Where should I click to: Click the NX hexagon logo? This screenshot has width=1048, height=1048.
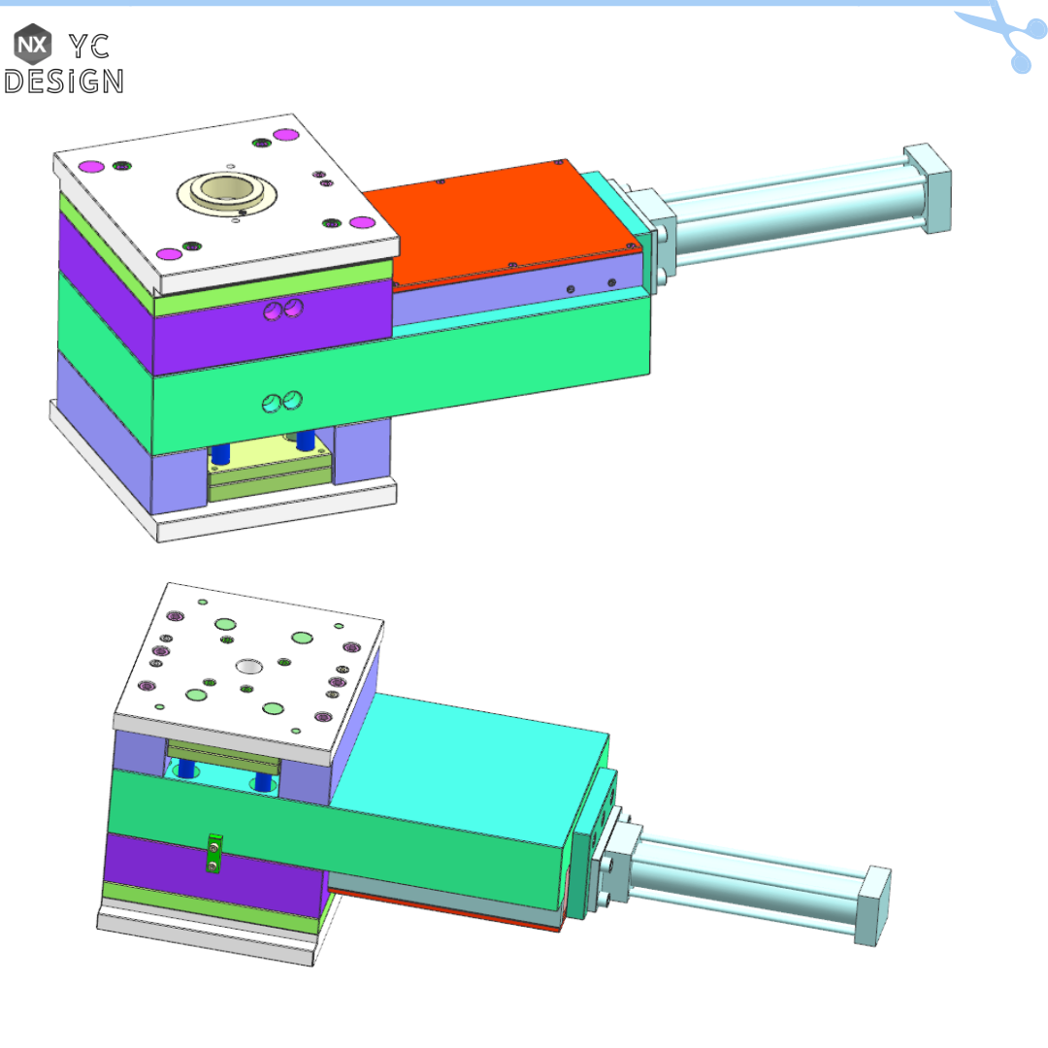click(32, 44)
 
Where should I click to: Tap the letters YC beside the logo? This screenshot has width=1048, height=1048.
click(90, 45)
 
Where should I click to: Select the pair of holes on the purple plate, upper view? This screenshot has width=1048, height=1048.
click(282, 311)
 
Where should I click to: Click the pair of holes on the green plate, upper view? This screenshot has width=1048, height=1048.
click(282, 401)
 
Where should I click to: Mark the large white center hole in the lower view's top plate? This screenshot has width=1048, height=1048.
click(248, 667)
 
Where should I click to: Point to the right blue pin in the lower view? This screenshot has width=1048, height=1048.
click(261, 782)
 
